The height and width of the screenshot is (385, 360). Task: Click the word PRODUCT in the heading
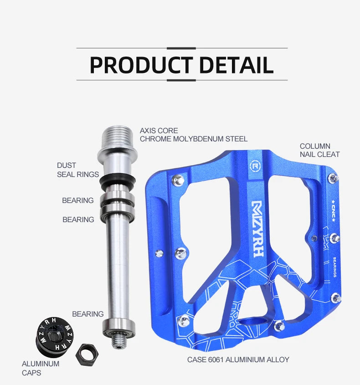141,65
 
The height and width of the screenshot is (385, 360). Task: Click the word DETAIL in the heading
236,65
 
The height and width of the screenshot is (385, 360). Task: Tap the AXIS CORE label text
159,130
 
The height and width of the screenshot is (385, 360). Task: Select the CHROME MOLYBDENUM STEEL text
194,139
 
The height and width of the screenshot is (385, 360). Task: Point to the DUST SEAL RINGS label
77,170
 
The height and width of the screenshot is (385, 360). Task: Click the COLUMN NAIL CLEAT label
319,150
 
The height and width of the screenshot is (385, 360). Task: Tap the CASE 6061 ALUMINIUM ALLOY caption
238,359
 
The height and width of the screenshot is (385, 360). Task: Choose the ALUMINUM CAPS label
41,368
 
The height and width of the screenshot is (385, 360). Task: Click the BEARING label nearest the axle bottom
87,314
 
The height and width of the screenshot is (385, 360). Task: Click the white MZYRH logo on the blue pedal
257,228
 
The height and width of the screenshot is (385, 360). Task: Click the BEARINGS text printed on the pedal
335,267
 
